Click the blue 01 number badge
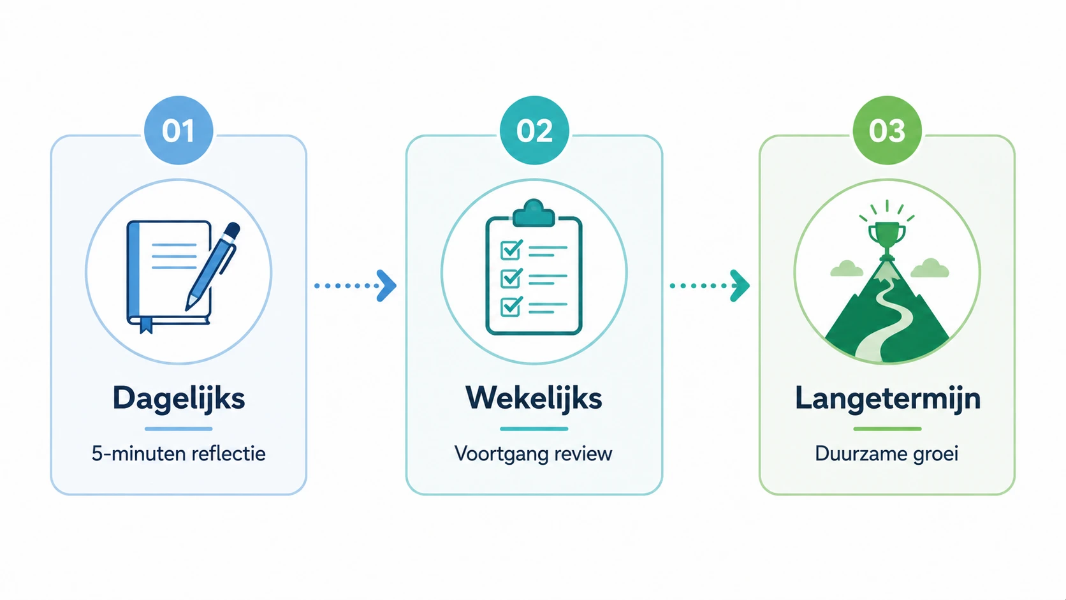coord(179,130)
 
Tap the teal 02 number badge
coord(534,130)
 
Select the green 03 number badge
coord(887,130)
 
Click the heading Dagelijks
coord(179,399)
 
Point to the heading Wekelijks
coord(534,399)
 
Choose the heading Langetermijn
coord(887,399)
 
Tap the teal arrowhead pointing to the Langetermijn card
coord(740,286)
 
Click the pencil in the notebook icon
coord(213,267)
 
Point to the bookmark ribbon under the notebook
coord(146,325)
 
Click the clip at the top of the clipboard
coord(534,213)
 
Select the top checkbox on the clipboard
coord(511,249)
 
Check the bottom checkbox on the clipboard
coord(511,307)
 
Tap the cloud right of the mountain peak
coord(930,268)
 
